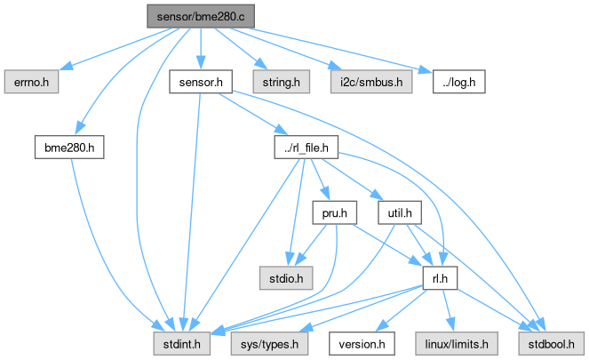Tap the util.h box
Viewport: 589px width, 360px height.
tap(399, 213)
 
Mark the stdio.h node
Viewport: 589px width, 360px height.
tap(281, 277)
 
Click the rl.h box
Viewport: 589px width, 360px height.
tap(438, 277)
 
